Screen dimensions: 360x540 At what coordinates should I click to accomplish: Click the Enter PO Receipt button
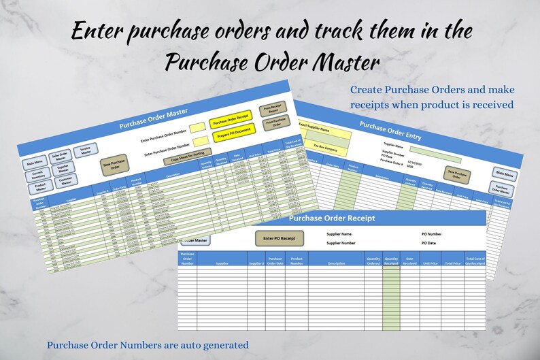[279, 238]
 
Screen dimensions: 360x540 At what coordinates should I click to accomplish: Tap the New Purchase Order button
[115, 165]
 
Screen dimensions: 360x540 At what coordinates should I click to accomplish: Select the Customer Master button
[66, 181]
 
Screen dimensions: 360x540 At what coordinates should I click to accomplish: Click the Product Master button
[40, 189]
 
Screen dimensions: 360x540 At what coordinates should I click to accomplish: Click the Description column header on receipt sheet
[336, 263]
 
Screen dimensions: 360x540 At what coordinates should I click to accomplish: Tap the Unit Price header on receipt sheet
[430, 263]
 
